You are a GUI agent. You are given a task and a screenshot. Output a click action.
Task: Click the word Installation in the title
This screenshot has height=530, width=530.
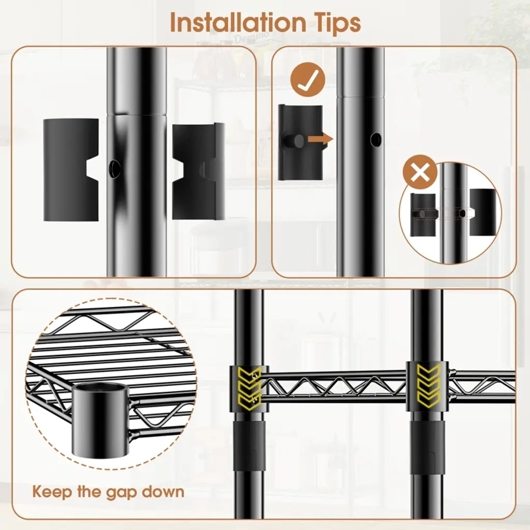(237, 23)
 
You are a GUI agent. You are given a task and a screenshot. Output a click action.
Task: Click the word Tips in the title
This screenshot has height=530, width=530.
(335, 23)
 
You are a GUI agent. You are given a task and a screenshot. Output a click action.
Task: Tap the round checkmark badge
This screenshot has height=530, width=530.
(307, 80)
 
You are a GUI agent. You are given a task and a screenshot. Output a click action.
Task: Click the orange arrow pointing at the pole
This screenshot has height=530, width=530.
(320, 139)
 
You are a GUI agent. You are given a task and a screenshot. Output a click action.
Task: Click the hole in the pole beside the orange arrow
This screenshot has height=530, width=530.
(376, 139)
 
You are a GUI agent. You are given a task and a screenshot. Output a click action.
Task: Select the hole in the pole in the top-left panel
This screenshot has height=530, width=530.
(114, 168)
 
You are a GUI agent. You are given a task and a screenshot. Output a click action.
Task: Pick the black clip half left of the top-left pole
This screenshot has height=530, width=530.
(71, 170)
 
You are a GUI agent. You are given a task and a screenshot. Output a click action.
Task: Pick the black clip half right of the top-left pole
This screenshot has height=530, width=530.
(198, 171)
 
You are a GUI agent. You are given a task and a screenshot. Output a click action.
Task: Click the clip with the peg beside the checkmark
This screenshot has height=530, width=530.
(300, 142)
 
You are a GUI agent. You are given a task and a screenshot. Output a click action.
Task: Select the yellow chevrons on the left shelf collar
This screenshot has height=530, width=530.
(249, 389)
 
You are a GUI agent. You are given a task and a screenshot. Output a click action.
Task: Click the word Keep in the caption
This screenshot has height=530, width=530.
(52, 491)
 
